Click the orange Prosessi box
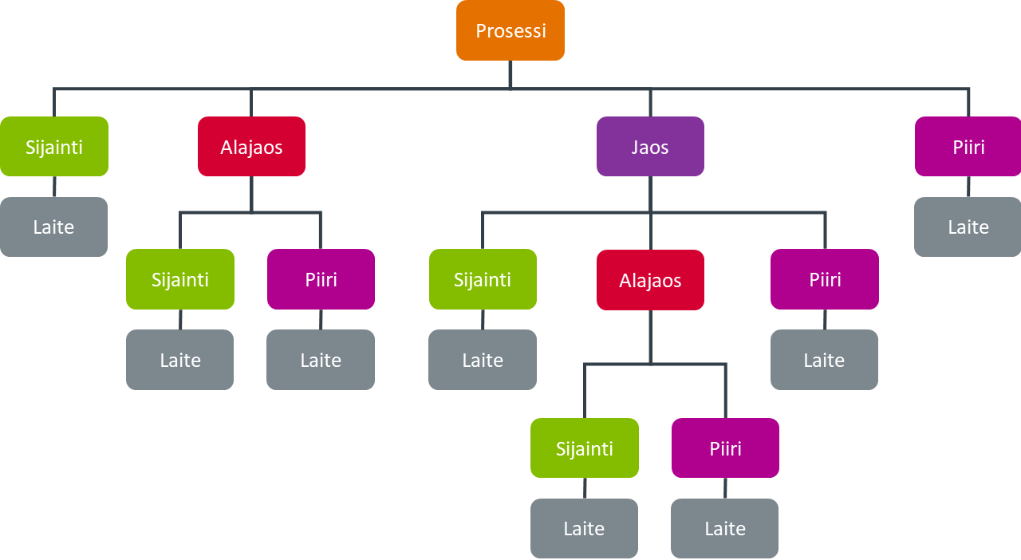(x=510, y=30)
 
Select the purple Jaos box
(x=650, y=147)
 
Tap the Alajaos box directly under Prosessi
(x=251, y=147)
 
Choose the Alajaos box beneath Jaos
(x=650, y=280)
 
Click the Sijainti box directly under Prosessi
(x=54, y=147)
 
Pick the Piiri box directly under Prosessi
(x=968, y=147)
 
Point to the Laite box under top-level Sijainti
(x=54, y=227)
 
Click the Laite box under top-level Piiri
(x=968, y=227)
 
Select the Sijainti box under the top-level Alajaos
(x=180, y=279)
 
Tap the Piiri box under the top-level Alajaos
(x=321, y=279)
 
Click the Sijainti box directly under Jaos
(x=483, y=279)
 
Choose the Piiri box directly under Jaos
(x=825, y=279)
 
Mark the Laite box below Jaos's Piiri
(x=824, y=360)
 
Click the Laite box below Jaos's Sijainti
(x=483, y=360)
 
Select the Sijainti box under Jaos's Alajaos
(x=585, y=448)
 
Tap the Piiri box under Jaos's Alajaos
(x=725, y=448)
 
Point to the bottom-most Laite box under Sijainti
(x=584, y=528)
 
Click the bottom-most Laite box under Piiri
(x=725, y=528)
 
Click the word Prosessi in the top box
(x=510, y=31)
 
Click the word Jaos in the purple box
(x=650, y=148)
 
